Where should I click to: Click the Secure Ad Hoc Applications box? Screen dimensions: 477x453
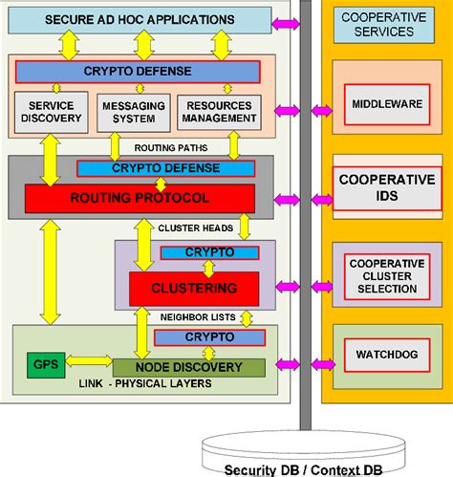tap(140, 19)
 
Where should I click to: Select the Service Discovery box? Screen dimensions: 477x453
tap(52, 112)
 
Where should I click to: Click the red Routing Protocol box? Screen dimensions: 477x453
tap(140, 199)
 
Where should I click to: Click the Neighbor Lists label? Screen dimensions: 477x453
tap(196, 315)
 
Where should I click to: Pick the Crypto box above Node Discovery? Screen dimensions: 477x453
tap(208, 337)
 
